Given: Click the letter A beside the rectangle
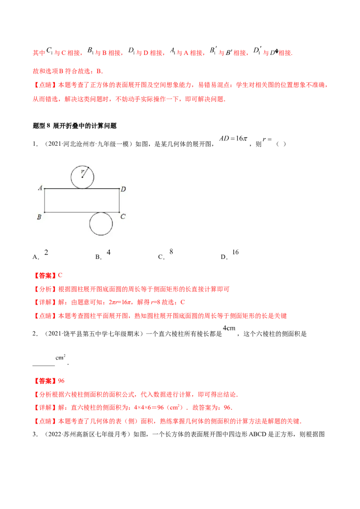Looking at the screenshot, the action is [x=40, y=188].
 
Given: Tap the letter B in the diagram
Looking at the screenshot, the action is [x=39, y=217].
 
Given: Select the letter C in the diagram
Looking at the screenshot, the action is [x=123, y=217].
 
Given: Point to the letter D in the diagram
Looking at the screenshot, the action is [x=123, y=189].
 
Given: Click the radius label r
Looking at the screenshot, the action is [x=82, y=171].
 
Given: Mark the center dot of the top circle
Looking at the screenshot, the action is [x=82, y=177].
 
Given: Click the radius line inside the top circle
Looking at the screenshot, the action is [x=85, y=173].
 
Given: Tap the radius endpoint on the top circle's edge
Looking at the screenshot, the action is [x=88, y=168].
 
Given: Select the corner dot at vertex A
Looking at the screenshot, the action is [x=45, y=189].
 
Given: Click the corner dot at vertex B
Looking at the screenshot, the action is [x=45, y=212].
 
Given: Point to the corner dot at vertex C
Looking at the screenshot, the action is [x=119, y=212].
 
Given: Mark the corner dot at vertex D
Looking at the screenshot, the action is [x=119, y=189].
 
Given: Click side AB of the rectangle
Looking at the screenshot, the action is [x=45, y=201].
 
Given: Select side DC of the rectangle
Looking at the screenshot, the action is [x=119, y=201].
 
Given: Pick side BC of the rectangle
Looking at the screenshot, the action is [x=67, y=212].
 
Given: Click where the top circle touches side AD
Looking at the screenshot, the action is [x=83, y=189].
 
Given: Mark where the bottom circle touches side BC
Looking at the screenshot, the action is [x=101, y=212].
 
